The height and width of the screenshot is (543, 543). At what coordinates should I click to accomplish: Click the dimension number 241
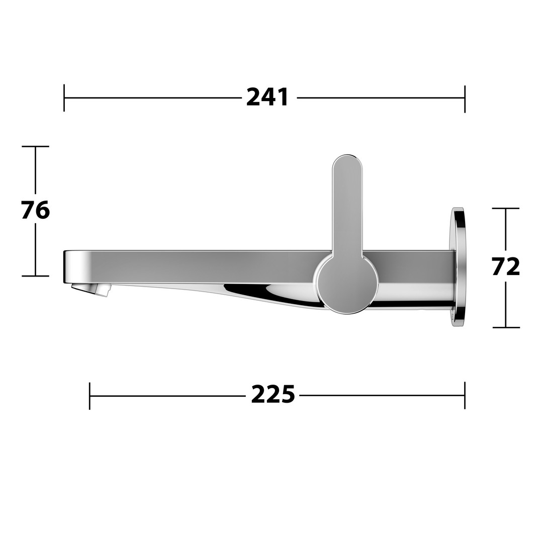(267, 98)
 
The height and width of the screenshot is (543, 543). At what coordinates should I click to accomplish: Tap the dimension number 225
(273, 394)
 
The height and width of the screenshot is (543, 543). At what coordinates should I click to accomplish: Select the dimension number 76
(35, 210)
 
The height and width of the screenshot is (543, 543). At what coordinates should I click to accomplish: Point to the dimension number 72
(506, 266)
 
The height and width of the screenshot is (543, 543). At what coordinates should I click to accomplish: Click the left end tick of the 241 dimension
(64, 98)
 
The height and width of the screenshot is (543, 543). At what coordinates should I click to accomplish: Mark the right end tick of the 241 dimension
(465, 99)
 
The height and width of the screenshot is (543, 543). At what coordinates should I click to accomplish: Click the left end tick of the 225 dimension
(89, 396)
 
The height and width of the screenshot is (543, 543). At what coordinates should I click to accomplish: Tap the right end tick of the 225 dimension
(465, 395)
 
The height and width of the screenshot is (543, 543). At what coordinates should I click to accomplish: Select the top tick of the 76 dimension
(35, 146)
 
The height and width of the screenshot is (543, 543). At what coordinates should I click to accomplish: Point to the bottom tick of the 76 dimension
(35, 276)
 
